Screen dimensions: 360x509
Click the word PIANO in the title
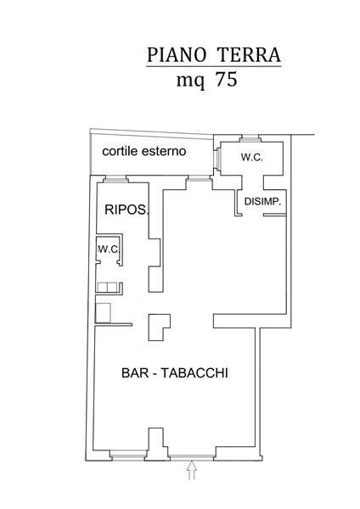tap(177, 54)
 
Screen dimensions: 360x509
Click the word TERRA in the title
tap(249, 54)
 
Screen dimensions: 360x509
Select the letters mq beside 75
tap(191, 81)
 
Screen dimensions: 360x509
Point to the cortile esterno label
tap(144, 151)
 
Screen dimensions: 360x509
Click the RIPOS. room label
tap(126, 210)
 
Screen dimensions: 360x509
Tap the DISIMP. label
tap(262, 201)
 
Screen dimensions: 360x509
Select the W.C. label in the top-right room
tap(252, 158)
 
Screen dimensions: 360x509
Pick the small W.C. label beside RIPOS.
tap(110, 249)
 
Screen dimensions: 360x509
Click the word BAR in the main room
tap(135, 372)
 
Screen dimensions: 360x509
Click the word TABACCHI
tap(194, 372)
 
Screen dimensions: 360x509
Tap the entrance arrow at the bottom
tap(192, 470)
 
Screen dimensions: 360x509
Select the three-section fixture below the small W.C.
tap(107, 287)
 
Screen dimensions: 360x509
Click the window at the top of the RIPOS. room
tap(116, 179)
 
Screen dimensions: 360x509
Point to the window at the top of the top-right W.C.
tap(250, 139)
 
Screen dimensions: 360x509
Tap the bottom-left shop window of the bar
tap(127, 456)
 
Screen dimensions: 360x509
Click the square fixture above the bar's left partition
tap(104, 312)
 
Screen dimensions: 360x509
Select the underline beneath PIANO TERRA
tap(213, 66)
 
